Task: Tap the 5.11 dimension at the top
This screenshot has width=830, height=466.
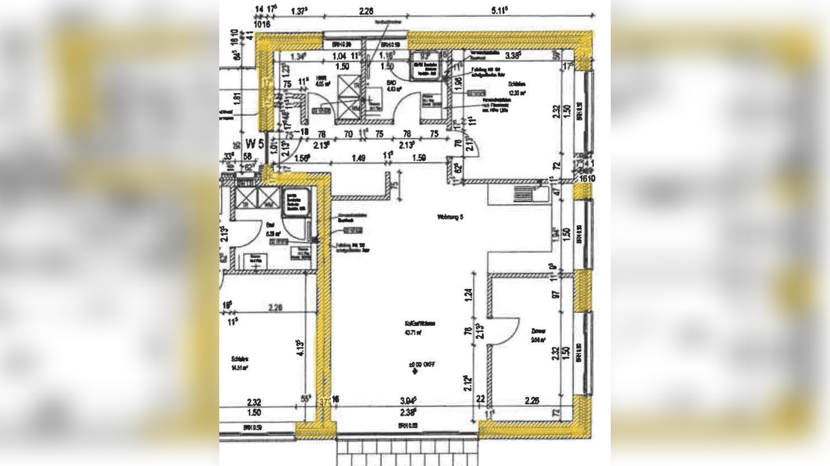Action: click(499, 10)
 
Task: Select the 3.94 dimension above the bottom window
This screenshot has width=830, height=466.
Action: click(408, 401)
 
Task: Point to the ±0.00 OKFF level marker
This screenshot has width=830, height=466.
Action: click(422, 365)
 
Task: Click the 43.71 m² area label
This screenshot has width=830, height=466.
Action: click(413, 332)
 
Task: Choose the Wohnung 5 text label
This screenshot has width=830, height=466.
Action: click(450, 216)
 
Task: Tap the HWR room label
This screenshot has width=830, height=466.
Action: click(321, 79)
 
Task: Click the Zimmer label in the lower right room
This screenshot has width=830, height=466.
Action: click(538, 331)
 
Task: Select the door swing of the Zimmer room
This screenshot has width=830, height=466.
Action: click(499, 333)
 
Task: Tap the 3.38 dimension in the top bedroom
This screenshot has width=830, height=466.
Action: click(513, 55)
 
